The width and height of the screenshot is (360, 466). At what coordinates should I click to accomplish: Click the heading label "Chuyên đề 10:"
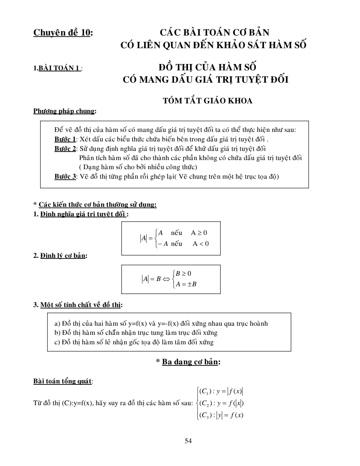tap(63, 33)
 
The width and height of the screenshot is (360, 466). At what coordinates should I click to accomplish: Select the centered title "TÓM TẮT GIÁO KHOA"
tap(207, 101)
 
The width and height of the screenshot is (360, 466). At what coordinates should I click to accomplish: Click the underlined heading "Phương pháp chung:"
tap(65, 111)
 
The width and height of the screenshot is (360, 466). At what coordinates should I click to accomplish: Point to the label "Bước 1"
tap(65, 139)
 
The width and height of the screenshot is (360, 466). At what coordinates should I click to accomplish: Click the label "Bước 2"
tap(65, 148)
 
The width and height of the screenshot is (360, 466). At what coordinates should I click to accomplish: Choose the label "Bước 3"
tap(65, 177)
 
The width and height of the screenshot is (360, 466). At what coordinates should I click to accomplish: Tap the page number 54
tap(188, 441)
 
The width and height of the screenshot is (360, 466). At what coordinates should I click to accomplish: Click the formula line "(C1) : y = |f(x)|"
tap(221, 391)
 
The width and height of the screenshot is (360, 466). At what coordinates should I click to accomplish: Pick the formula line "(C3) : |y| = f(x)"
tap(221, 415)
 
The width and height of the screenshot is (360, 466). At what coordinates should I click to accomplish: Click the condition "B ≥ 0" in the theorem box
tap(183, 274)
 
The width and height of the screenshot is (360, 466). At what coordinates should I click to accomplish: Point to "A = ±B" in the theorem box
tap(186, 284)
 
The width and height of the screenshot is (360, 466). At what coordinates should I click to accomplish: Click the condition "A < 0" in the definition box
tap(200, 244)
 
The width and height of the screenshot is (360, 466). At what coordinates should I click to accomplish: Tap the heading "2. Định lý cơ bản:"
tap(60, 256)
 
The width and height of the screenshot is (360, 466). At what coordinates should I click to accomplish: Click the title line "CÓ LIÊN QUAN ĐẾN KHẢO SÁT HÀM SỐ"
tap(213, 45)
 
